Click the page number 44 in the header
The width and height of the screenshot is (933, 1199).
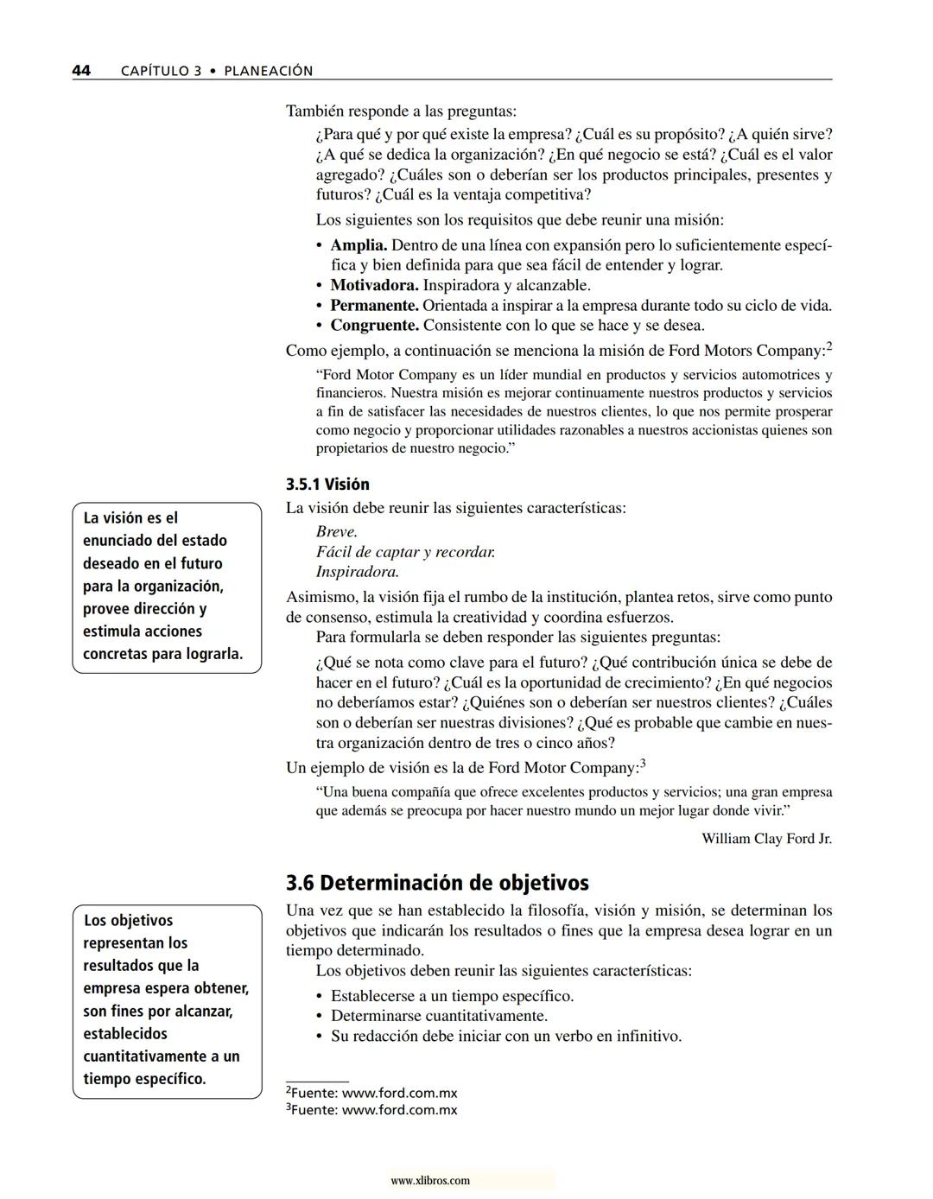[x=82, y=71]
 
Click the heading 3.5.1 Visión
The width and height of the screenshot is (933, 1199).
[x=327, y=485]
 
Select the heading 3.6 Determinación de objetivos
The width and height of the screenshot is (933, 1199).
[x=437, y=883]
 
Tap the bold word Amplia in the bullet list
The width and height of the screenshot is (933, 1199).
[x=359, y=245]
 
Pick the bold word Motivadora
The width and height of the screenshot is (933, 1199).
[x=374, y=285]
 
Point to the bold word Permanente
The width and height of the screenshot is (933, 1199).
[x=374, y=305]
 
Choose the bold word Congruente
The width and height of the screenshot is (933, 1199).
[x=374, y=326]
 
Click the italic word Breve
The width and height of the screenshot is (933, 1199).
[x=336, y=532]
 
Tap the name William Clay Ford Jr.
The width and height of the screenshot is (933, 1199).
[x=766, y=839]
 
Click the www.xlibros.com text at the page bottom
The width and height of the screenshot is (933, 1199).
[x=430, y=1181]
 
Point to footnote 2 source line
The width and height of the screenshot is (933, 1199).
[x=371, y=1093]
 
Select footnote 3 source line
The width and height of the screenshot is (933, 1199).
[x=371, y=1110]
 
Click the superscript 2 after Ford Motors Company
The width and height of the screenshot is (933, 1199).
[x=829, y=346]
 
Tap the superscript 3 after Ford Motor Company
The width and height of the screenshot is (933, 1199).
[x=643, y=764]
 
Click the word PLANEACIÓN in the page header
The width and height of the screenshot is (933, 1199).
[x=268, y=71]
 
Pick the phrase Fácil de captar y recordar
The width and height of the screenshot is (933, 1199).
[x=405, y=552]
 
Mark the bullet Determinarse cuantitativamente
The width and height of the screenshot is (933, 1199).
[x=439, y=1016]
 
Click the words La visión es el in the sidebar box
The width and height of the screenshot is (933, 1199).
[x=130, y=518]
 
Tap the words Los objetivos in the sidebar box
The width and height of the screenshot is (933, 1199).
[x=128, y=921]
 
